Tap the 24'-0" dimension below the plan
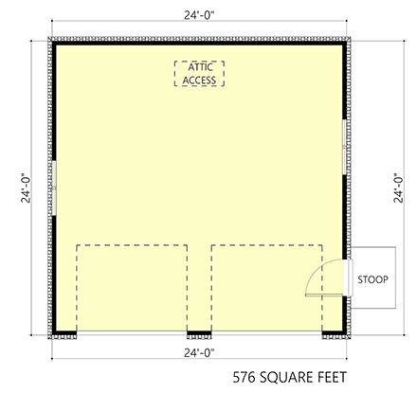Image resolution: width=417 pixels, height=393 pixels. (199, 352)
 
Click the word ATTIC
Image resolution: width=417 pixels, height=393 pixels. (199, 68)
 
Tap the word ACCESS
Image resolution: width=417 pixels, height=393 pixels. (199, 80)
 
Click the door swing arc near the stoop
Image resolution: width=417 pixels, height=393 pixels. (315, 277)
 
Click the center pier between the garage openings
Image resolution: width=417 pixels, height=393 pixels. (199, 333)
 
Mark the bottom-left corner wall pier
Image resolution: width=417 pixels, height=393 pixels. (64, 333)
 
